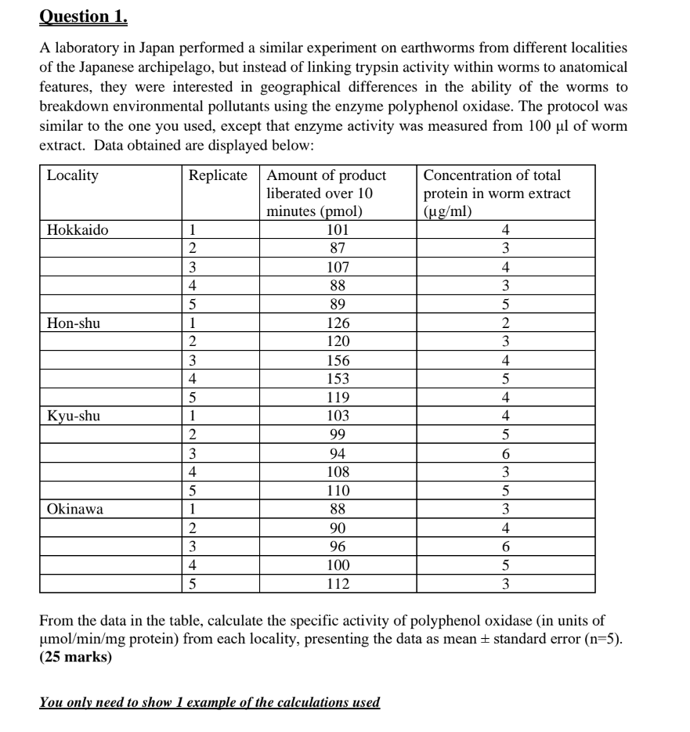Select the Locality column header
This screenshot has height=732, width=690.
(73, 175)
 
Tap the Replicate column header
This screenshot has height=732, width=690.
(219, 175)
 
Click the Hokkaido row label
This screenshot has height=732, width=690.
(78, 230)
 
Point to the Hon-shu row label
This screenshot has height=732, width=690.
(74, 323)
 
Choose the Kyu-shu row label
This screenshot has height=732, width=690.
(74, 416)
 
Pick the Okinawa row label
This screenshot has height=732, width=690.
(75, 509)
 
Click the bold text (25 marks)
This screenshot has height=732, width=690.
(75, 658)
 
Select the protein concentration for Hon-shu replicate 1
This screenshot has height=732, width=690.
(506, 323)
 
